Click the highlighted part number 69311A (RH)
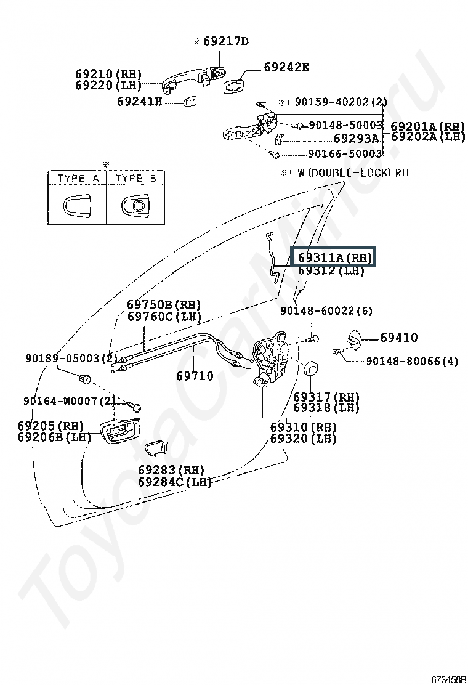pos(335,257)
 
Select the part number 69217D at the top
pos(226,41)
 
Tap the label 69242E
pos(286,67)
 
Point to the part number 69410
pos(398,337)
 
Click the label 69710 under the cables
pos(195,376)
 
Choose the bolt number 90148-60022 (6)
pos(326,310)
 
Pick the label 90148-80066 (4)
pos(412,361)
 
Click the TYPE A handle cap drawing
pos(77,205)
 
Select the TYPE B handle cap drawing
pos(137,205)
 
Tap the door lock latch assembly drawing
pos(272,359)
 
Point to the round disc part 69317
pos(310,368)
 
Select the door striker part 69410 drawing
pos(355,338)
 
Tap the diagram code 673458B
pos(449,679)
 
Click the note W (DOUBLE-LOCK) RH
pos(353,173)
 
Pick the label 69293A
pos(357,139)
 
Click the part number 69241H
pos(140,102)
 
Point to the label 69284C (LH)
pos(175,482)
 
